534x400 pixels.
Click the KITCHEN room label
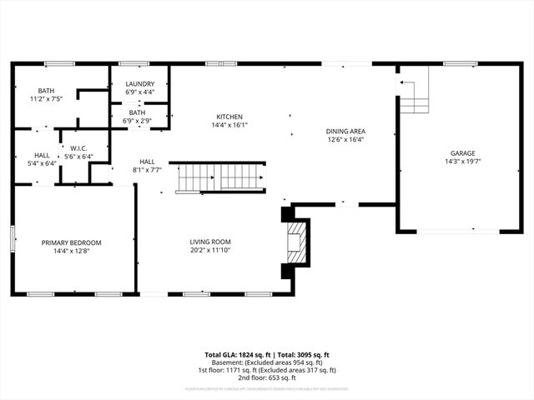229,117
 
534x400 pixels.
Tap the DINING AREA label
345,132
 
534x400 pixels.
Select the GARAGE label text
463,153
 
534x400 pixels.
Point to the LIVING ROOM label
209,242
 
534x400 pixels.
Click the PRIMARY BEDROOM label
71,242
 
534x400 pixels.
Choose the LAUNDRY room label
139,84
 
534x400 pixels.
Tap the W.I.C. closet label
79,148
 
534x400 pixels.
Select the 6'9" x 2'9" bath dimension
138,120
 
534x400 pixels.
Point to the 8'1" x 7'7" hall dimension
147,169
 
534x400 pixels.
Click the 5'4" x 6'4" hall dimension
43,163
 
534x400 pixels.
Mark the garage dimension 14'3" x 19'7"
463,162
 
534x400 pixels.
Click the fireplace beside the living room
295,242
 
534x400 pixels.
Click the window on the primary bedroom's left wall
13,238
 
